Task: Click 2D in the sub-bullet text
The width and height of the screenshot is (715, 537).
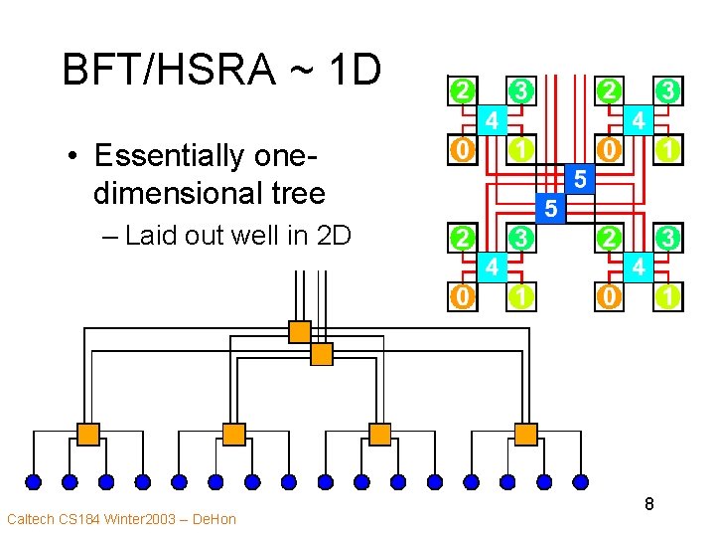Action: point(334,236)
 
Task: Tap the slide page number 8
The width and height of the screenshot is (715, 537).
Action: point(648,504)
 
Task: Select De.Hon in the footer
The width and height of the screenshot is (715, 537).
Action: point(214,519)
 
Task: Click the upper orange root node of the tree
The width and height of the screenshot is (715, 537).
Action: point(299,332)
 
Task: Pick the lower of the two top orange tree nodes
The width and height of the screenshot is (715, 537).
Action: point(322,354)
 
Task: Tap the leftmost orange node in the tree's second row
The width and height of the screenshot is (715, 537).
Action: point(88,434)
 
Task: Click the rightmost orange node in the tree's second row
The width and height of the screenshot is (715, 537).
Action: point(526,434)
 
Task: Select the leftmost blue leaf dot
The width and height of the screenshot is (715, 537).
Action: point(33,482)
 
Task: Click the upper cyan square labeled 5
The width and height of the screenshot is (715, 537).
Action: point(581,180)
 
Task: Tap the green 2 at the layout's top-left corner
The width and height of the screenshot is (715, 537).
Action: point(461,90)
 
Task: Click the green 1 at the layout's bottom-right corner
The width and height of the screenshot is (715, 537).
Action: point(669,295)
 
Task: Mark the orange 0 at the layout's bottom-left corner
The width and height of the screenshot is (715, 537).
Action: point(461,295)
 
